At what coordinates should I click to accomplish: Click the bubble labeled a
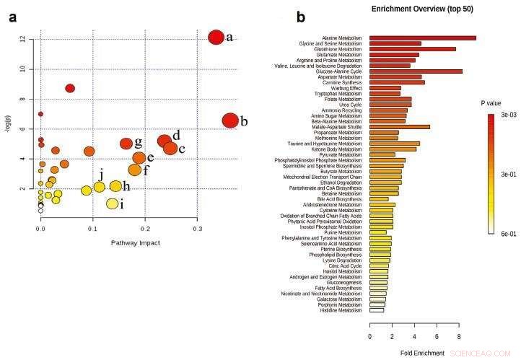pos(216,38)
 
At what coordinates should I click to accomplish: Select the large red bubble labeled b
pos(230,120)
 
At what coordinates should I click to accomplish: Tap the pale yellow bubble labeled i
pos(112,203)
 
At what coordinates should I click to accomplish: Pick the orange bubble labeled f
pos(135,170)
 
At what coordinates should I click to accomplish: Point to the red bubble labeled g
pos(126,144)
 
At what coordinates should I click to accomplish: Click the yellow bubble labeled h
pos(115,186)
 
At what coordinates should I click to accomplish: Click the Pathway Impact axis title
pos(136,243)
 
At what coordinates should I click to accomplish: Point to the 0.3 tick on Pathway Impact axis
pos(197,229)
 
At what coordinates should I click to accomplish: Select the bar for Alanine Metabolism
pos(423,38)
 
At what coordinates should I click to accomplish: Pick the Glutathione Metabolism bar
pos(413,49)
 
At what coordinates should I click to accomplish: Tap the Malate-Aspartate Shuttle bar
pos(400,127)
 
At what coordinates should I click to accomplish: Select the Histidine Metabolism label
pos(341,310)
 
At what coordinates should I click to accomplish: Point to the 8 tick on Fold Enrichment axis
pos(459,335)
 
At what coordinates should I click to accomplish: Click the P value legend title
pos(491,103)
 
